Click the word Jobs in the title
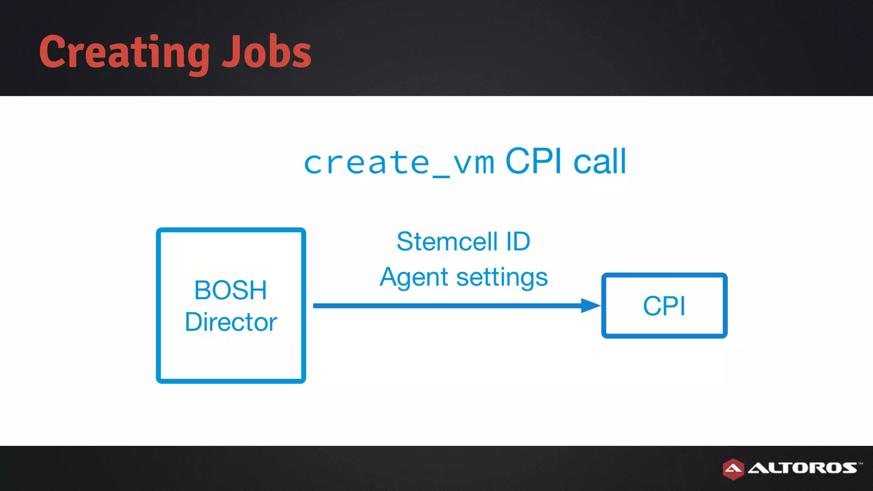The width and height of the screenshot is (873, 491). [267, 52]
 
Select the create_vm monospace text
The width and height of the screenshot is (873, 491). [399, 163]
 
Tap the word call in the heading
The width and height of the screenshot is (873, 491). [600, 162]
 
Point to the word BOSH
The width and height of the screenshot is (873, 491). [231, 290]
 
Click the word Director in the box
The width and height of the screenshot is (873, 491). [231, 322]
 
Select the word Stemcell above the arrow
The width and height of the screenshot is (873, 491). [447, 242]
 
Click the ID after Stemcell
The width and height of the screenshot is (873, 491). [518, 242]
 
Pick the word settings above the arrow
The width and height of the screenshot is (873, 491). [502, 277]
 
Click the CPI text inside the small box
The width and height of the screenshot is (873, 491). [664, 306]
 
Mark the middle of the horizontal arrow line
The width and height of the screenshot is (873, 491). [448, 306]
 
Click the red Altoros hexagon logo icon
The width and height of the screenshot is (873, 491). [733, 469]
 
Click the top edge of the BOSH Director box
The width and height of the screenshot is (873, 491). [231, 230]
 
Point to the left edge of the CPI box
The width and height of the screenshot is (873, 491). [604, 306]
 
